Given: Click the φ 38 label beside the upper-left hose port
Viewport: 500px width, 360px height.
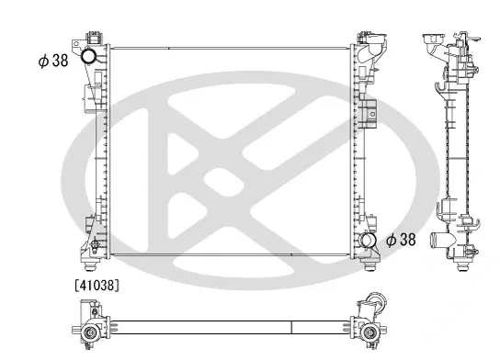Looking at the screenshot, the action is click(x=53, y=61).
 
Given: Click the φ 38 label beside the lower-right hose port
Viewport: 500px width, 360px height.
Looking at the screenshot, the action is click(x=401, y=240).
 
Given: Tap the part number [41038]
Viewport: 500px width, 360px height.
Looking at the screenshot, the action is click(x=97, y=286).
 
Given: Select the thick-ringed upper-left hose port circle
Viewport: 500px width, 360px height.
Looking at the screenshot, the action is click(x=87, y=56).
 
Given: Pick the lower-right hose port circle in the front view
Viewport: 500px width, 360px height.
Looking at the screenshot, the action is click(x=367, y=240).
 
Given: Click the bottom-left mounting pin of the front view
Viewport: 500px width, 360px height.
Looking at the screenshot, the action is click(x=91, y=265).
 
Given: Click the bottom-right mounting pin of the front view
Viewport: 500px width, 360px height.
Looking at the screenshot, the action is click(x=369, y=265).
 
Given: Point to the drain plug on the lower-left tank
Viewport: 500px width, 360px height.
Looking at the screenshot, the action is click(x=94, y=244).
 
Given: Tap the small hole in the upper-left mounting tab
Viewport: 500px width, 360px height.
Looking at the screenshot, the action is click(x=76, y=45).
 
